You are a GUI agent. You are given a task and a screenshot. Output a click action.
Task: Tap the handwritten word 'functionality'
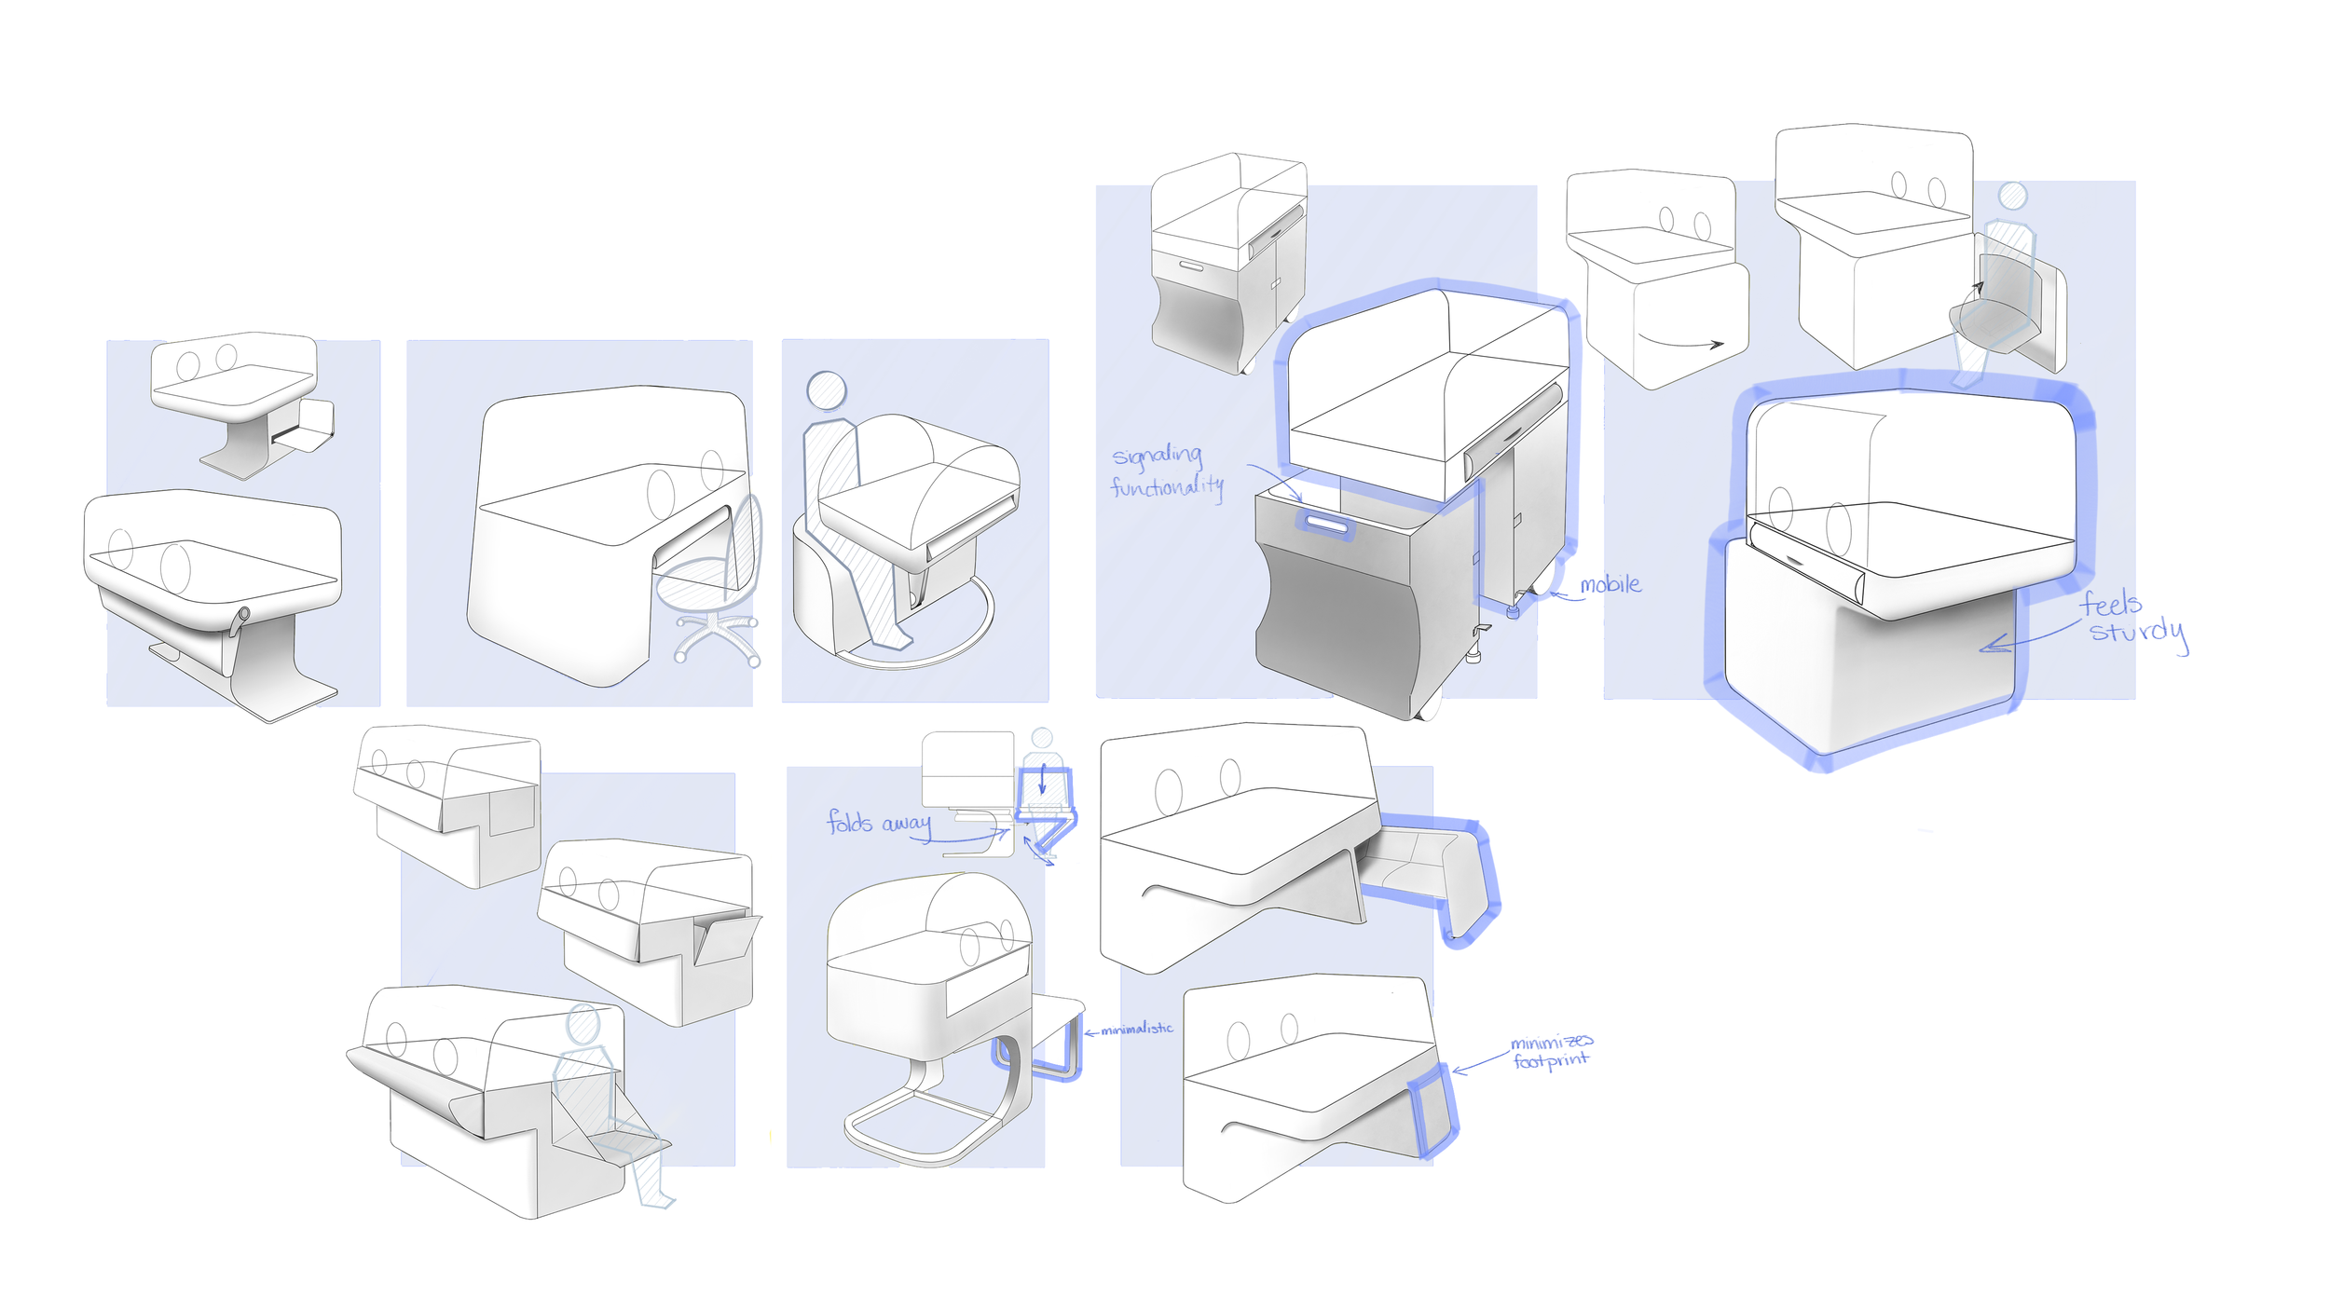(x=1166, y=486)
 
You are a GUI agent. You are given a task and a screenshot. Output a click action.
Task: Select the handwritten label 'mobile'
(x=1610, y=585)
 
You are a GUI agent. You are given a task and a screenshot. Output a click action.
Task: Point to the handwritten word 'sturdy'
(x=2138, y=634)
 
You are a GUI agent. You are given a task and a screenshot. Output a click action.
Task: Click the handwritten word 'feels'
(x=2110, y=604)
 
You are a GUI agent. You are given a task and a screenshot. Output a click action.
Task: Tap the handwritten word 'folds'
(x=849, y=822)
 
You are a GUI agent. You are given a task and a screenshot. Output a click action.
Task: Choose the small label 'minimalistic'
(x=1136, y=1030)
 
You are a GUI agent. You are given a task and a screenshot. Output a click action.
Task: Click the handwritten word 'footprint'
(x=1550, y=1061)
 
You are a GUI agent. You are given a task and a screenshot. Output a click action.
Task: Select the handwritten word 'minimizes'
(x=1551, y=1042)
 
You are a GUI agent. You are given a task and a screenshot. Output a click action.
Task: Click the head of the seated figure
(x=827, y=390)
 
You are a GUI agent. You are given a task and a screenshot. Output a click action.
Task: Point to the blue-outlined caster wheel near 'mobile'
(x=1514, y=611)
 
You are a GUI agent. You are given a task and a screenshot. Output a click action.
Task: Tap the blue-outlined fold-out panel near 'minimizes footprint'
(x=1432, y=1109)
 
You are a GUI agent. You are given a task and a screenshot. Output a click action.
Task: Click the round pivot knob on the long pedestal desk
(x=244, y=614)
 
